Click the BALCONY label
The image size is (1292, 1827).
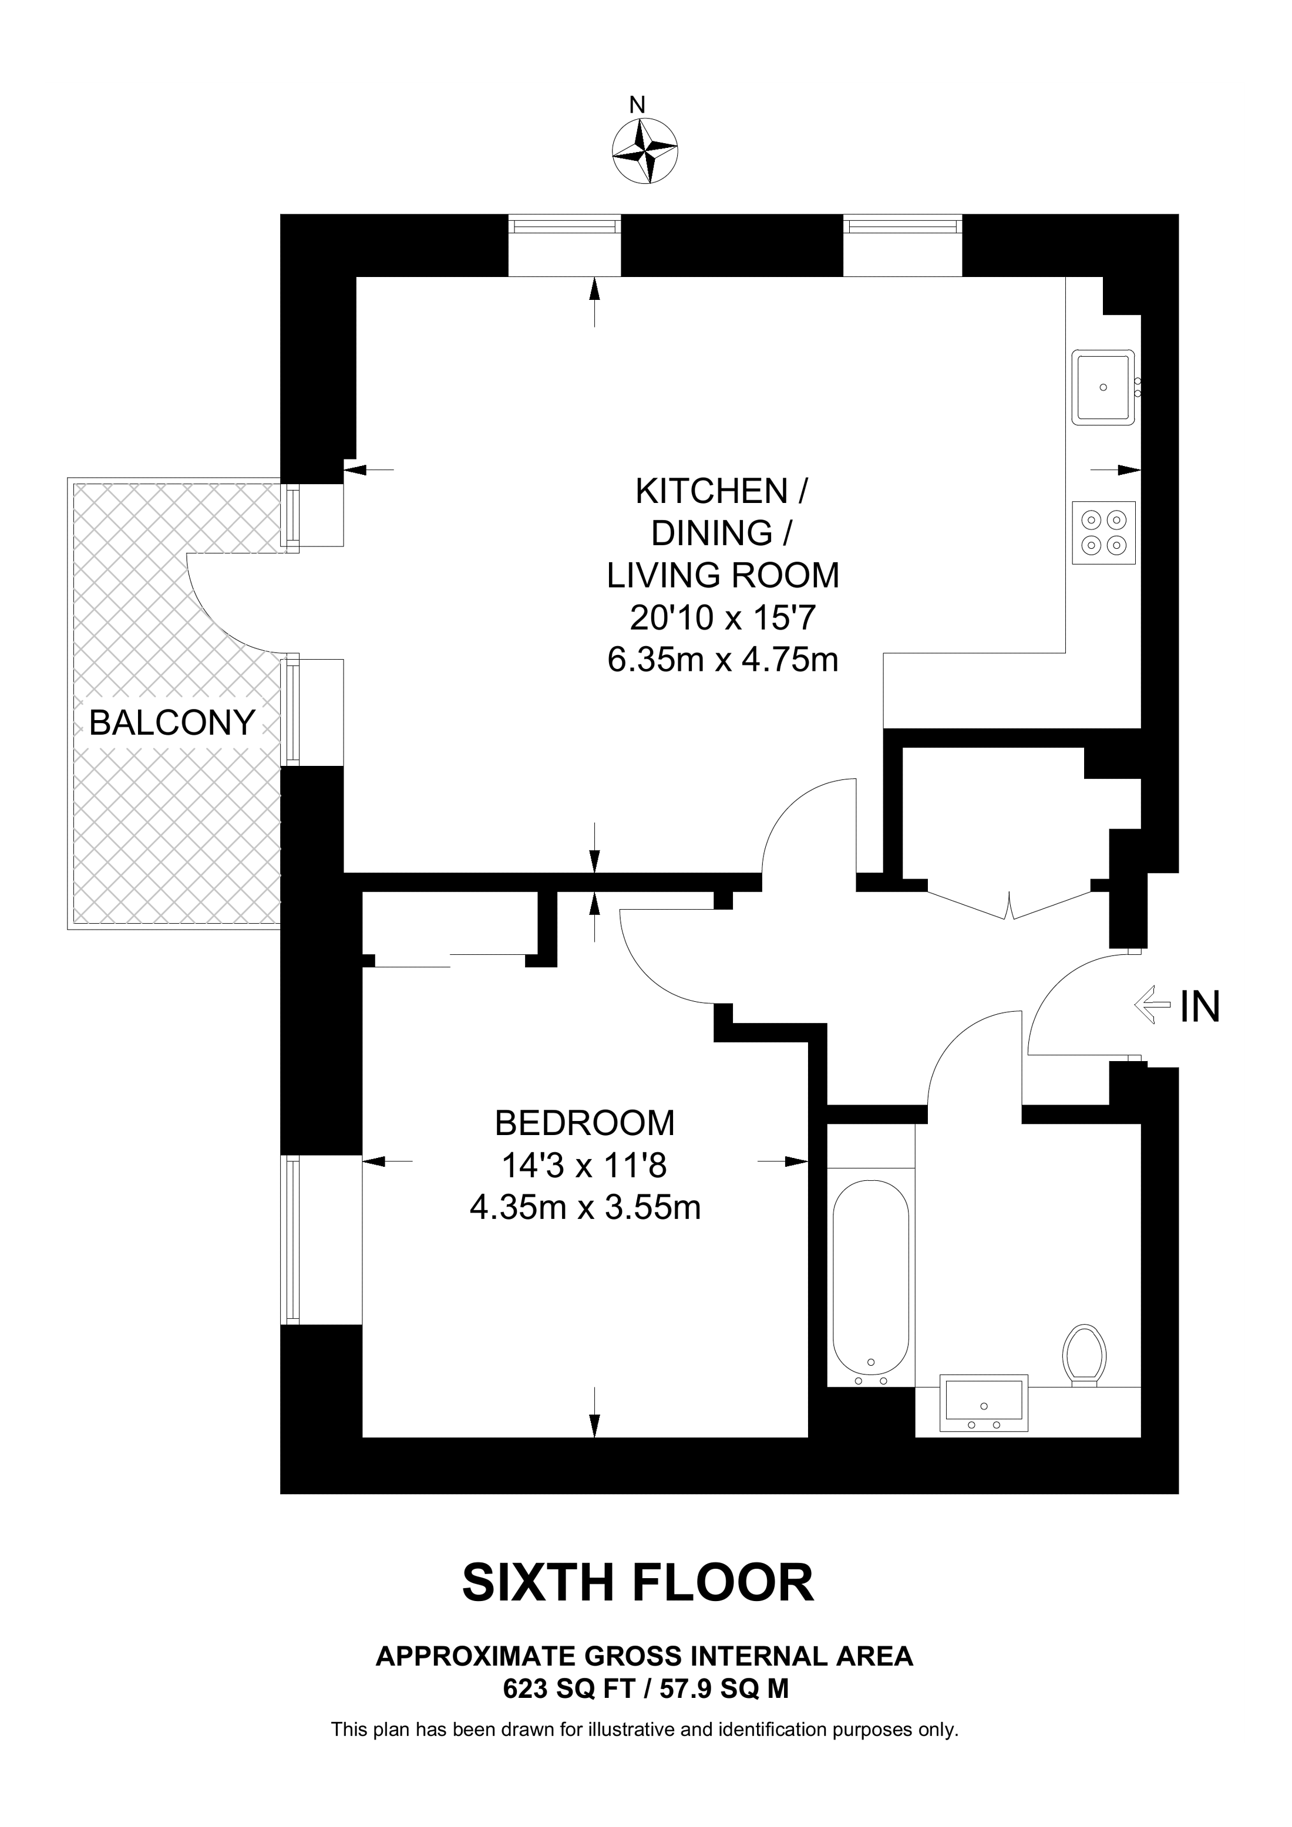tap(172, 722)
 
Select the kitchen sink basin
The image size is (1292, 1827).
tap(1103, 387)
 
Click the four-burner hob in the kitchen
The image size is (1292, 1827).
tap(1104, 532)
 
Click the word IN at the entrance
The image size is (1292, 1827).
tap(1200, 1007)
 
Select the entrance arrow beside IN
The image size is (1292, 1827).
tap(1153, 1006)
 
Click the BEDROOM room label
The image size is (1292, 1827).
tap(585, 1123)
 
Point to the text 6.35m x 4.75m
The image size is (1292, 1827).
tap(723, 660)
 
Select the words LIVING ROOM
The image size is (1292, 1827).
tap(723, 575)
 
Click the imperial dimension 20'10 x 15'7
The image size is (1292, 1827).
tap(723, 617)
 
